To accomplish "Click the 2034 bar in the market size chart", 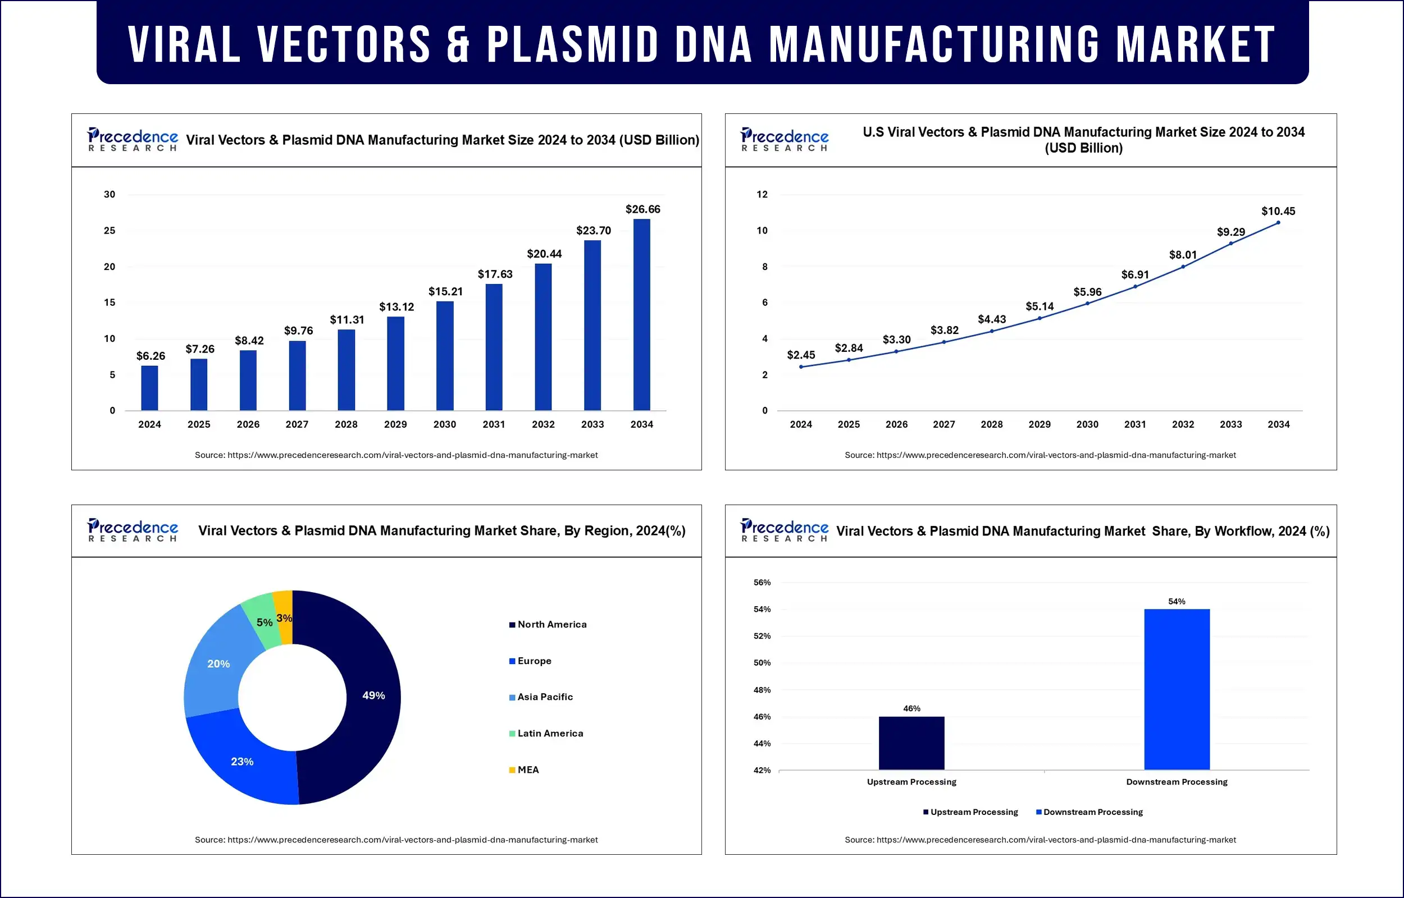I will click(642, 315).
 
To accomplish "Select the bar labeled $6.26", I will click(149, 388).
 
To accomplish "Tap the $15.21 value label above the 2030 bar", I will click(446, 291).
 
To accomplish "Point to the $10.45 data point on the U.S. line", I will click(1278, 223).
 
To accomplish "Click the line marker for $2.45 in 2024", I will click(801, 367).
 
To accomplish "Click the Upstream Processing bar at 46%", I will click(911, 743).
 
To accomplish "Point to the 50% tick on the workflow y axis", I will click(762, 663).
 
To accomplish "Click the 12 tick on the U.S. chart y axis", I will click(762, 194).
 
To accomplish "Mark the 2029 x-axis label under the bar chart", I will click(395, 424).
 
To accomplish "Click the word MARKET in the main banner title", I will click(1195, 44).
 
